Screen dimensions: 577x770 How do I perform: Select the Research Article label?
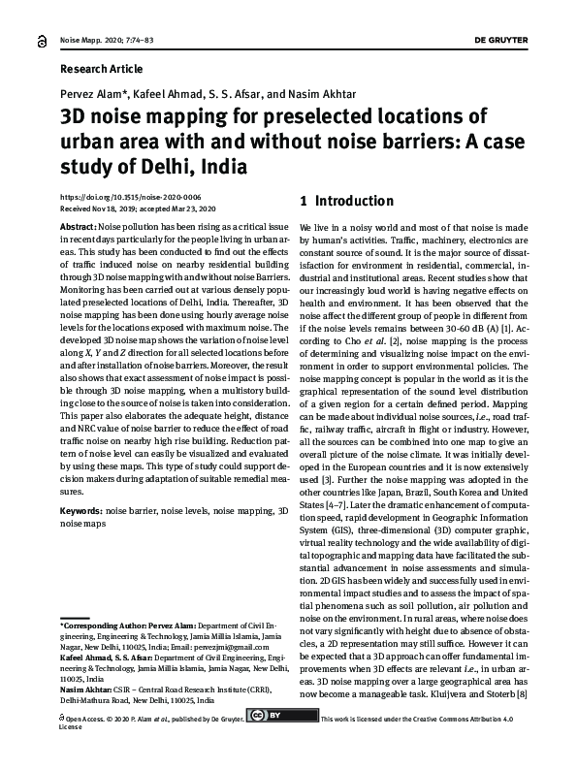[101, 70]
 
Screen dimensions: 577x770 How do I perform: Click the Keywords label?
[80, 509]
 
